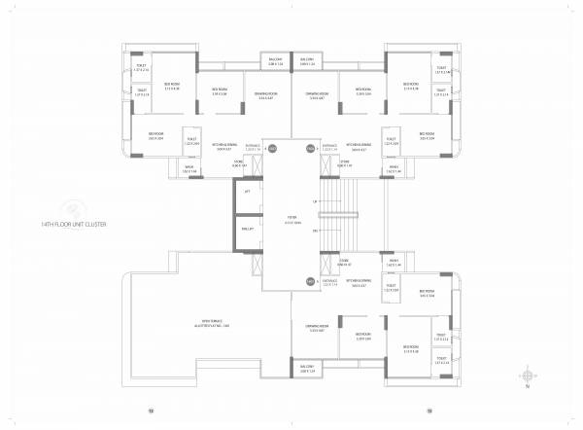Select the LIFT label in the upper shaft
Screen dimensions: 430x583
click(246, 192)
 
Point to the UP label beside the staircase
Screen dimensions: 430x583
click(314, 201)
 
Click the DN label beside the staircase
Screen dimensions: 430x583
click(314, 231)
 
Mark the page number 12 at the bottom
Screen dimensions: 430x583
click(151, 411)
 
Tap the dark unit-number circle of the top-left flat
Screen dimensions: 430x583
click(273, 148)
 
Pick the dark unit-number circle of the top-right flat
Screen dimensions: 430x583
click(310, 148)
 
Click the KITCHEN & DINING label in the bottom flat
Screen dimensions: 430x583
click(358, 284)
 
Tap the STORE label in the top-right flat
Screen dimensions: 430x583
click(346, 164)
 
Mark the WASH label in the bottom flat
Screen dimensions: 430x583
click(394, 263)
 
